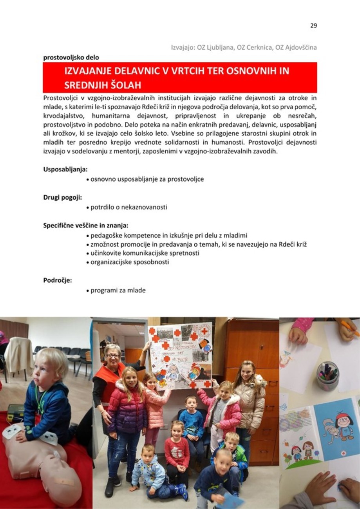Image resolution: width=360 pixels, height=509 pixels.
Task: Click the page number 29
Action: tap(313, 26)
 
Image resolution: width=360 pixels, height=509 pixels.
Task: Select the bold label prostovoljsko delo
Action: tap(71, 57)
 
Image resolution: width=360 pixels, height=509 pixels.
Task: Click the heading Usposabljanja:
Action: tap(65, 170)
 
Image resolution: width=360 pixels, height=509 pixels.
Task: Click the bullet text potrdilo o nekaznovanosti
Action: tap(128, 207)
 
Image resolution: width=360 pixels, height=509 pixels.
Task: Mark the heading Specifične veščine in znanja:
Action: tap(85, 226)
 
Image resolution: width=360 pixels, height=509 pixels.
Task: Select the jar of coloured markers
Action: tap(327, 375)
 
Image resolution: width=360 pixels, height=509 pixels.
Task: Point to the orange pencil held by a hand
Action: tap(349, 328)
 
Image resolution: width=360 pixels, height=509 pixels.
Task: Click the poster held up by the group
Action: tap(181, 354)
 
